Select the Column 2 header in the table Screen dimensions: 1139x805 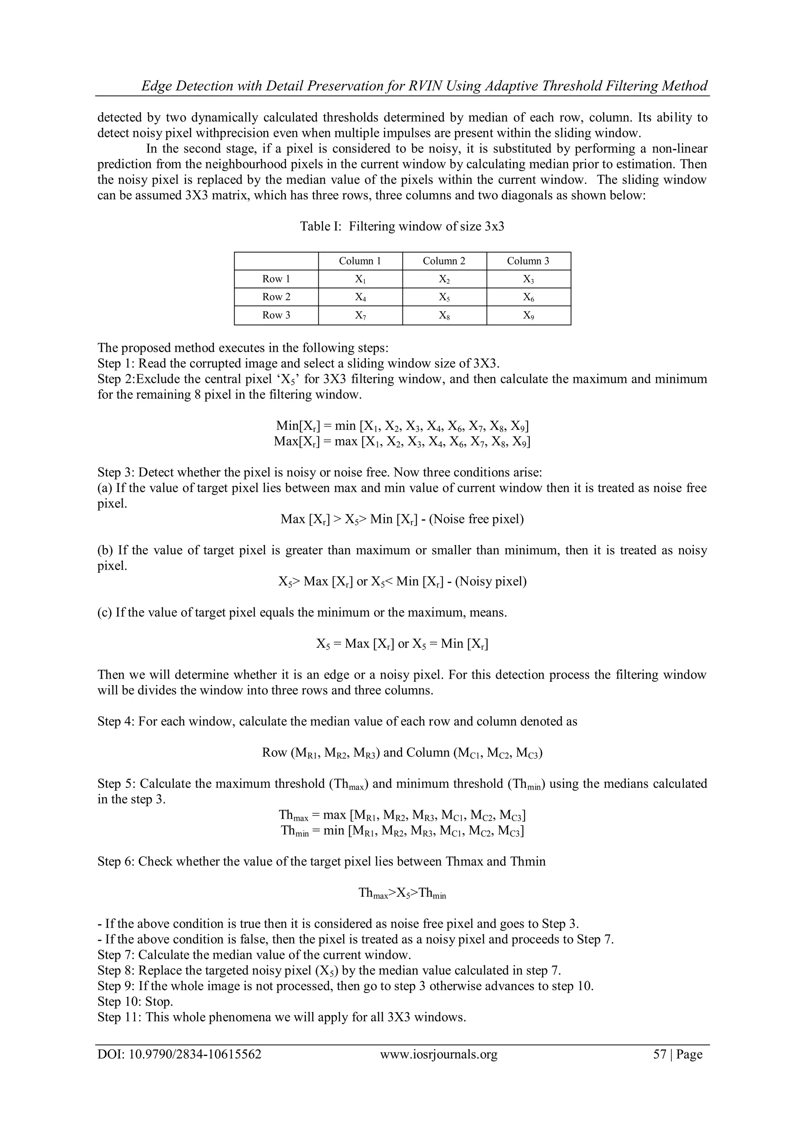(x=444, y=261)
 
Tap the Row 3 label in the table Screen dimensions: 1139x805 (x=276, y=315)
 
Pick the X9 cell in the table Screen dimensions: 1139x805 (x=528, y=316)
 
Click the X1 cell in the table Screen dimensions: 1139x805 (x=360, y=279)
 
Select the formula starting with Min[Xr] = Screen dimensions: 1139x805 (x=402, y=426)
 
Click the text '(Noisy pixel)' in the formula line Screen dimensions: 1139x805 (x=491, y=581)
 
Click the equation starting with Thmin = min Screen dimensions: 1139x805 (x=402, y=831)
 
